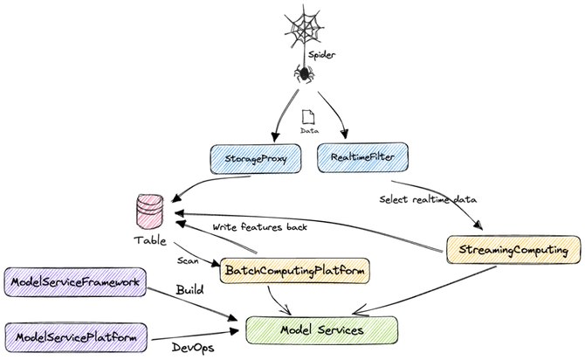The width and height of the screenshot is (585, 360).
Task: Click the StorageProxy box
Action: (x=254, y=159)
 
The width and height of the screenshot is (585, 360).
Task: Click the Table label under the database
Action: (x=151, y=239)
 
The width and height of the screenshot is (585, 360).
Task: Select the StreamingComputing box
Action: (x=513, y=249)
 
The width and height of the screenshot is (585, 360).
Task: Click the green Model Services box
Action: (x=321, y=329)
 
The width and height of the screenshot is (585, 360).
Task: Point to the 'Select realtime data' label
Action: (x=428, y=199)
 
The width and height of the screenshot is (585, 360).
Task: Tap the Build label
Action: (x=189, y=289)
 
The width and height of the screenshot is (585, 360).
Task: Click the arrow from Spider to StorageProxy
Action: (x=282, y=113)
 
